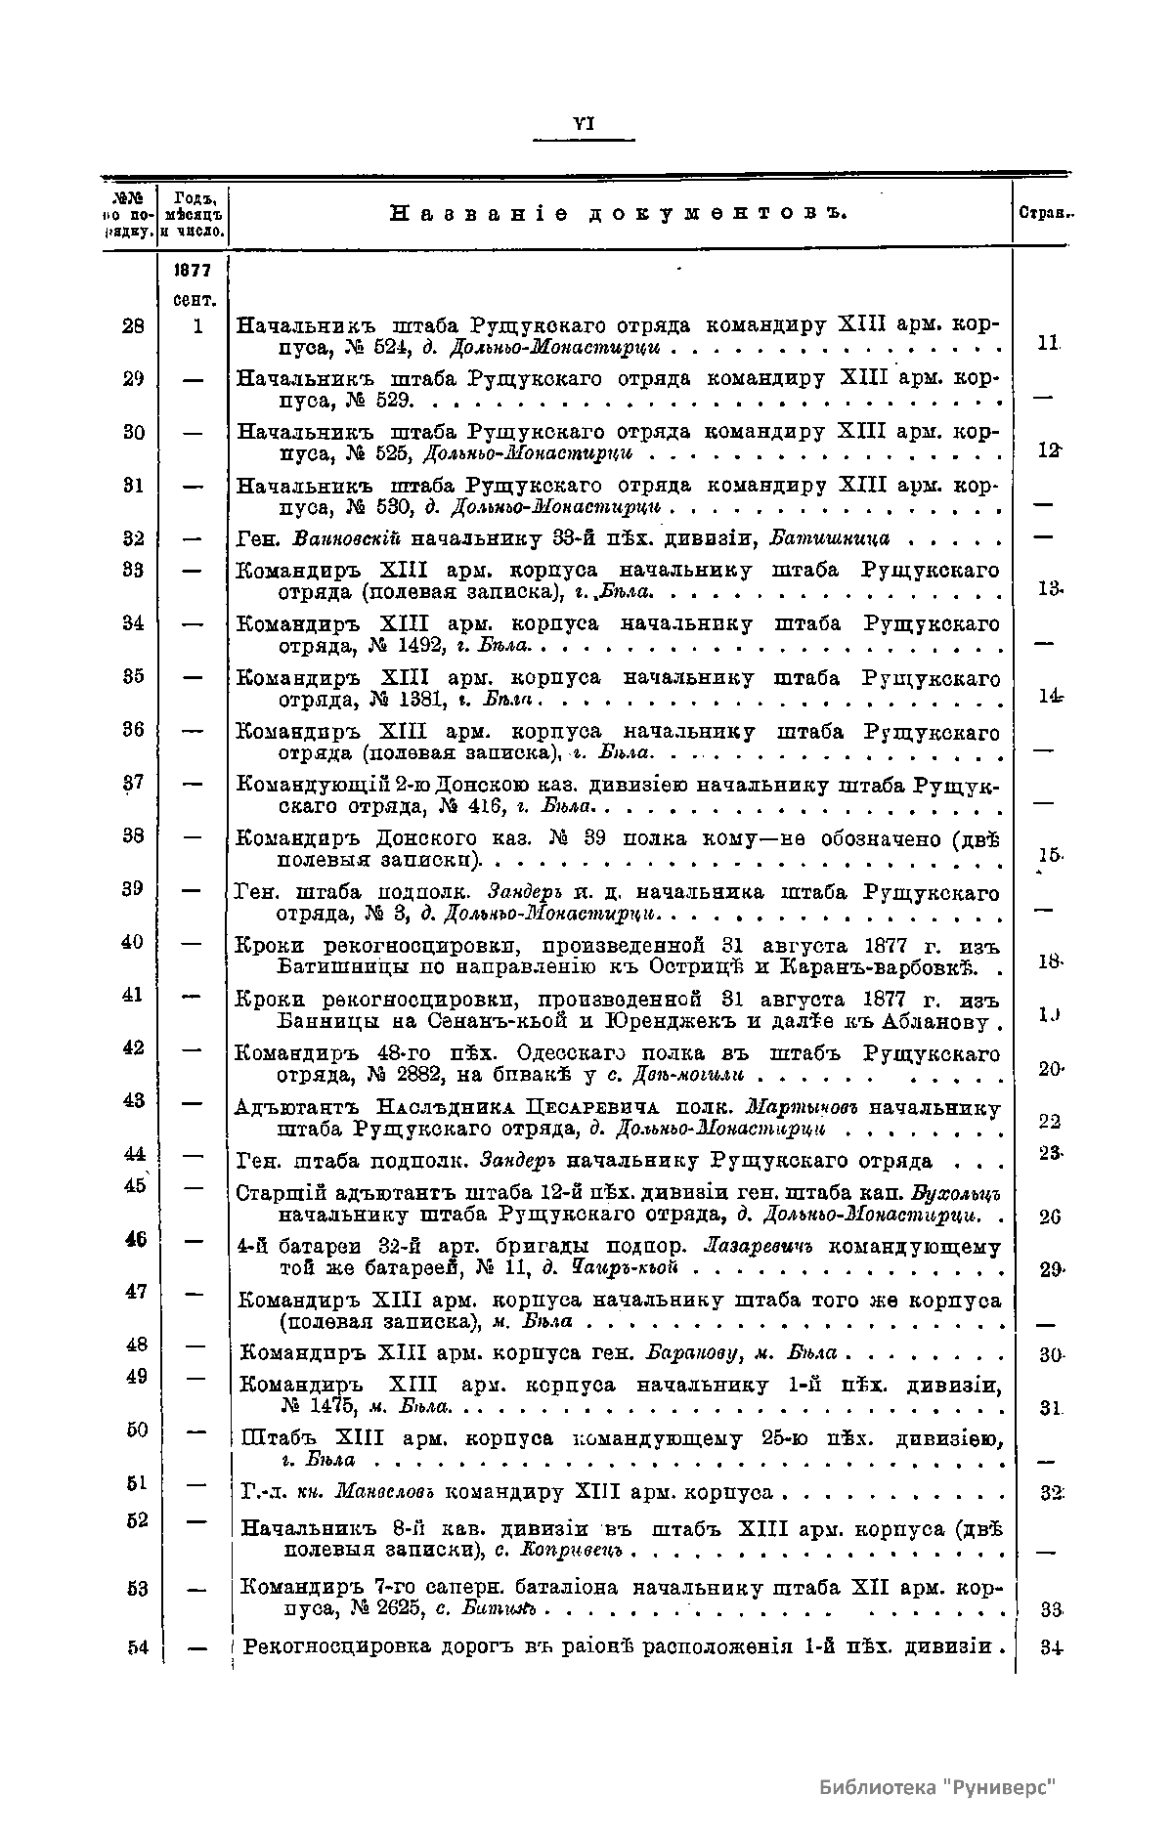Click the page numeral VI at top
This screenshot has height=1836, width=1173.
(x=585, y=123)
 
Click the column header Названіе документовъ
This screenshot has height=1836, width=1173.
(x=618, y=213)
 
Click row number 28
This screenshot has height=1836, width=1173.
(x=134, y=326)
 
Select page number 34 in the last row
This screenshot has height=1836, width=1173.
(x=1052, y=1647)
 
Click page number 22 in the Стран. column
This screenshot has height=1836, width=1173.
(x=1050, y=1122)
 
